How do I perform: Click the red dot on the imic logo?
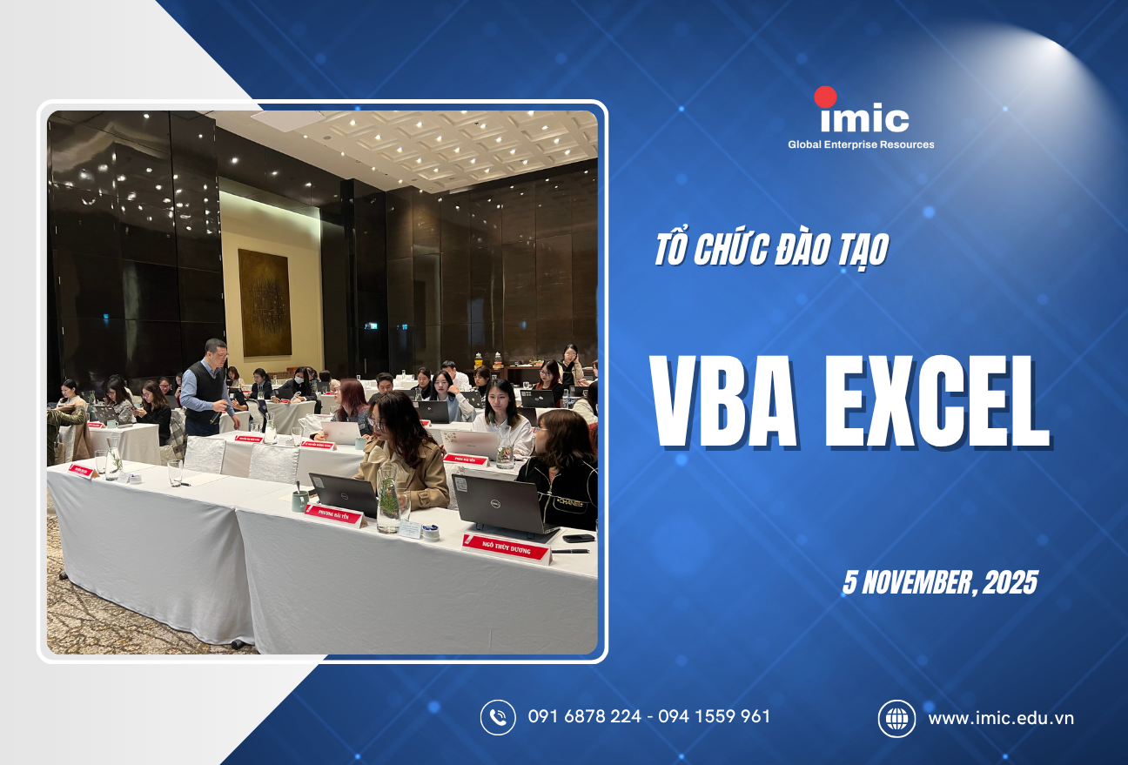pyautogui.click(x=825, y=97)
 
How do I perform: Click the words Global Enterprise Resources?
pyautogui.click(x=860, y=144)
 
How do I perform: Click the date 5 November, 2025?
pyautogui.click(x=939, y=582)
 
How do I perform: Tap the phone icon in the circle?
pyautogui.click(x=498, y=717)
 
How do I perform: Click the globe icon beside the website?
pyautogui.click(x=896, y=718)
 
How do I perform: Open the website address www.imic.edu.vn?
pyautogui.click(x=1001, y=718)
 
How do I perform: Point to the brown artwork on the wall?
pyautogui.click(x=265, y=303)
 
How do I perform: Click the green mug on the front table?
pyautogui.click(x=300, y=500)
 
